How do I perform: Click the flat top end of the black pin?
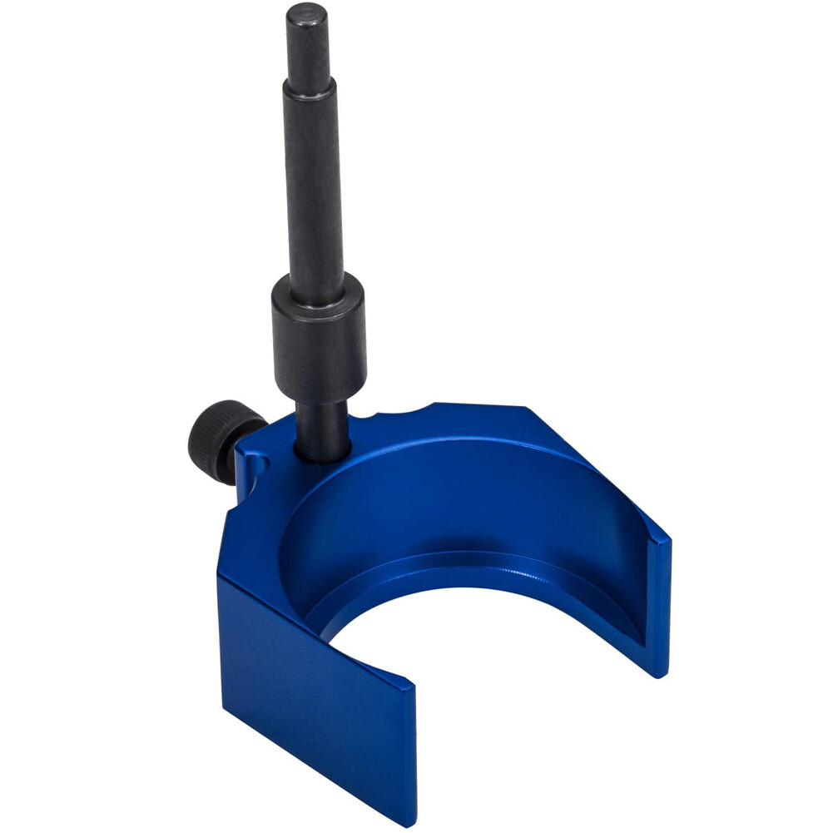click(x=307, y=13)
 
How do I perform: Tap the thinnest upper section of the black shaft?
click(x=309, y=46)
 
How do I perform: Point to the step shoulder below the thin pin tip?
click(x=310, y=84)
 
